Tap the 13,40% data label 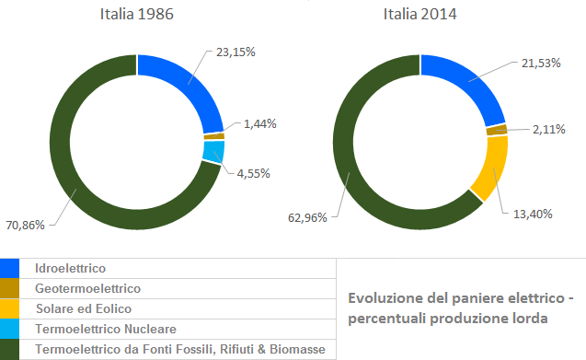tap(534, 214)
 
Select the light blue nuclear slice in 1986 tap(213, 151)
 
